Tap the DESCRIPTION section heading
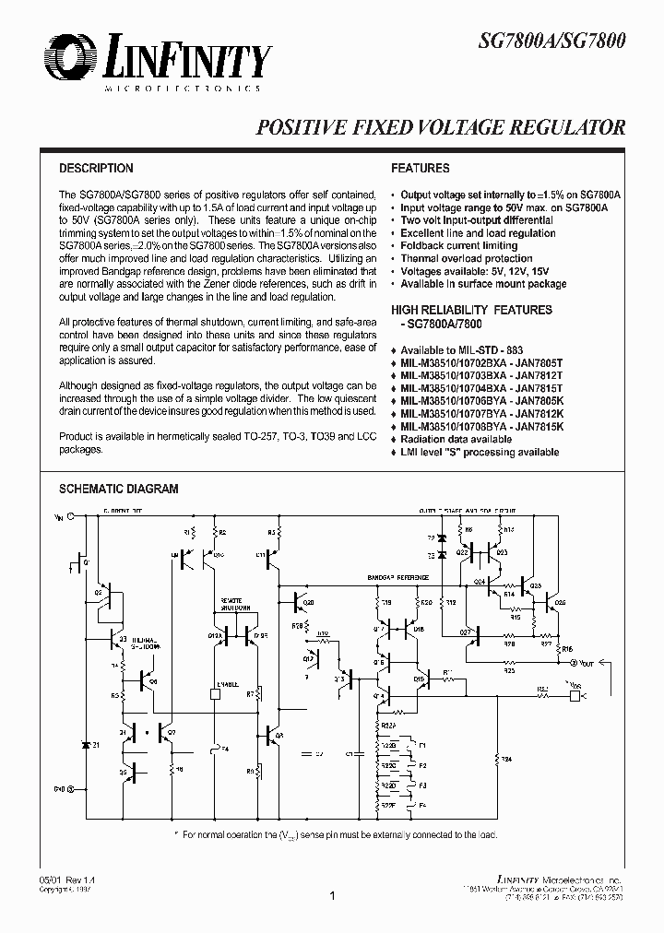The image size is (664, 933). (96, 169)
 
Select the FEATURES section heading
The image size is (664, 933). (420, 169)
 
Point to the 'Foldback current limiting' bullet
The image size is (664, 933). (458, 246)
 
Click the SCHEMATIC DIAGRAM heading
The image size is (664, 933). (118, 490)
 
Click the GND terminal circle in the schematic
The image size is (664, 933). (70, 789)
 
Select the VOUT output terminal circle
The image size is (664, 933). (575, 662)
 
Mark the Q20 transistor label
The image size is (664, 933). (308, 602)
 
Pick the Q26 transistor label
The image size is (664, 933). (560, 602)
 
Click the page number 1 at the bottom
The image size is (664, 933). (332, 895)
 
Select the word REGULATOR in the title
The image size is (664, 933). (566, 128)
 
